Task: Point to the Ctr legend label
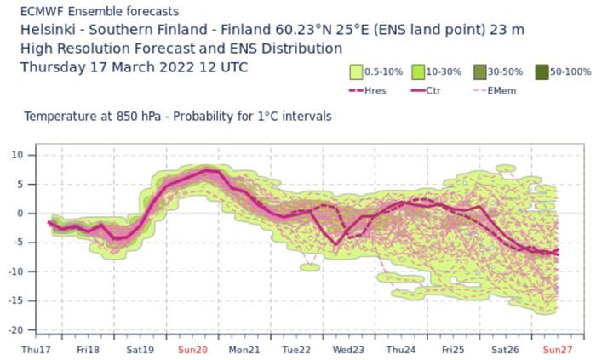pos(456,89)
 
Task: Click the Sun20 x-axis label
pos(192,350)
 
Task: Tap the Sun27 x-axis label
pos(558,350)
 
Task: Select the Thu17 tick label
pos(36,350)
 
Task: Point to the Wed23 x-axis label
pos(349,350)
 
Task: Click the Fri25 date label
pos(453,350)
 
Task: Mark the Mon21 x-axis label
pos(244,350)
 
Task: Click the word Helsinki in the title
pos(49,30)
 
